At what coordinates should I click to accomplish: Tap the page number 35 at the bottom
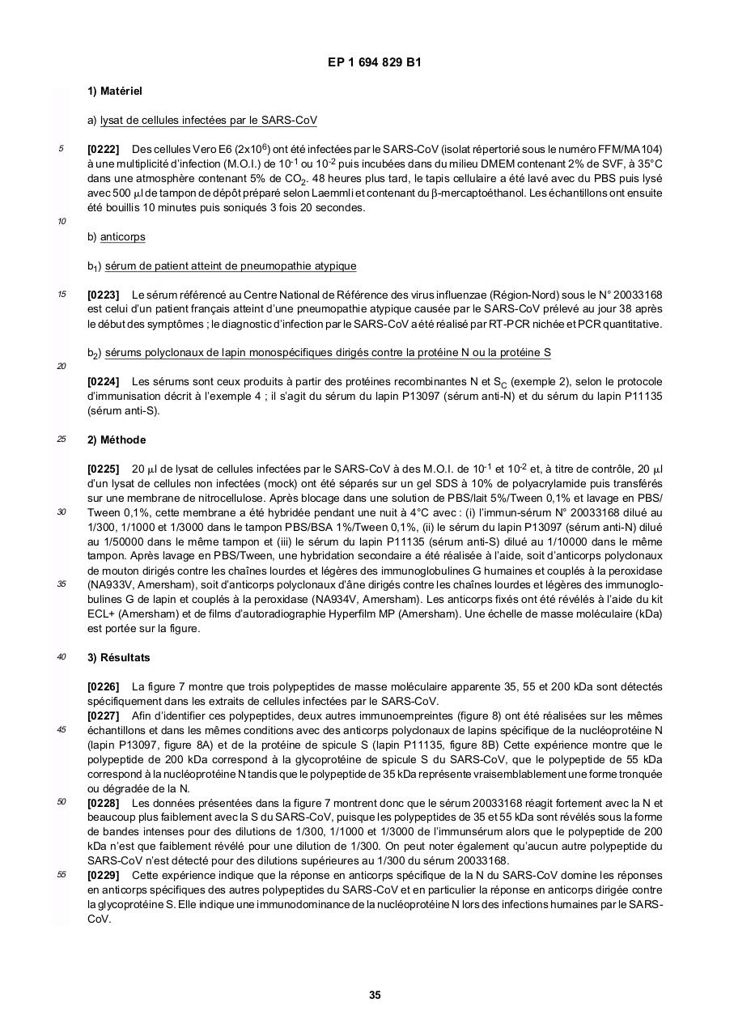tap(375, 995)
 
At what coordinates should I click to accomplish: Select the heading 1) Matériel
tap(115, 91)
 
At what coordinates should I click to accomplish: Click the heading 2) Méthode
tap(117, 439)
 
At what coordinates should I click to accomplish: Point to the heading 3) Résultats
tap(118, 657)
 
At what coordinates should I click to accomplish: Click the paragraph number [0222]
tap(103, 149)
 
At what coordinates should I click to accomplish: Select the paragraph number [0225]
tap(103, 469)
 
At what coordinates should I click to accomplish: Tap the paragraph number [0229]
tap(103, 876)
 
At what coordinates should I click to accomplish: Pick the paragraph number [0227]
tap(103, 715)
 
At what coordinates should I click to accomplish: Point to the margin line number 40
tap(62, 656)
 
